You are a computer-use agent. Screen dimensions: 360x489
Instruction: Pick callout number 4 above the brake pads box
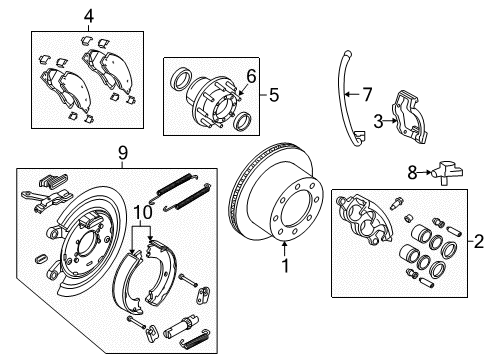(x=88, y=17)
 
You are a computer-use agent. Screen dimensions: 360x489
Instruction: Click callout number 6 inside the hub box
(x=251, y=76)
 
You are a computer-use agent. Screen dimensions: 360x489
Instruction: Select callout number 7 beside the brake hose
(x=366, y=94)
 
